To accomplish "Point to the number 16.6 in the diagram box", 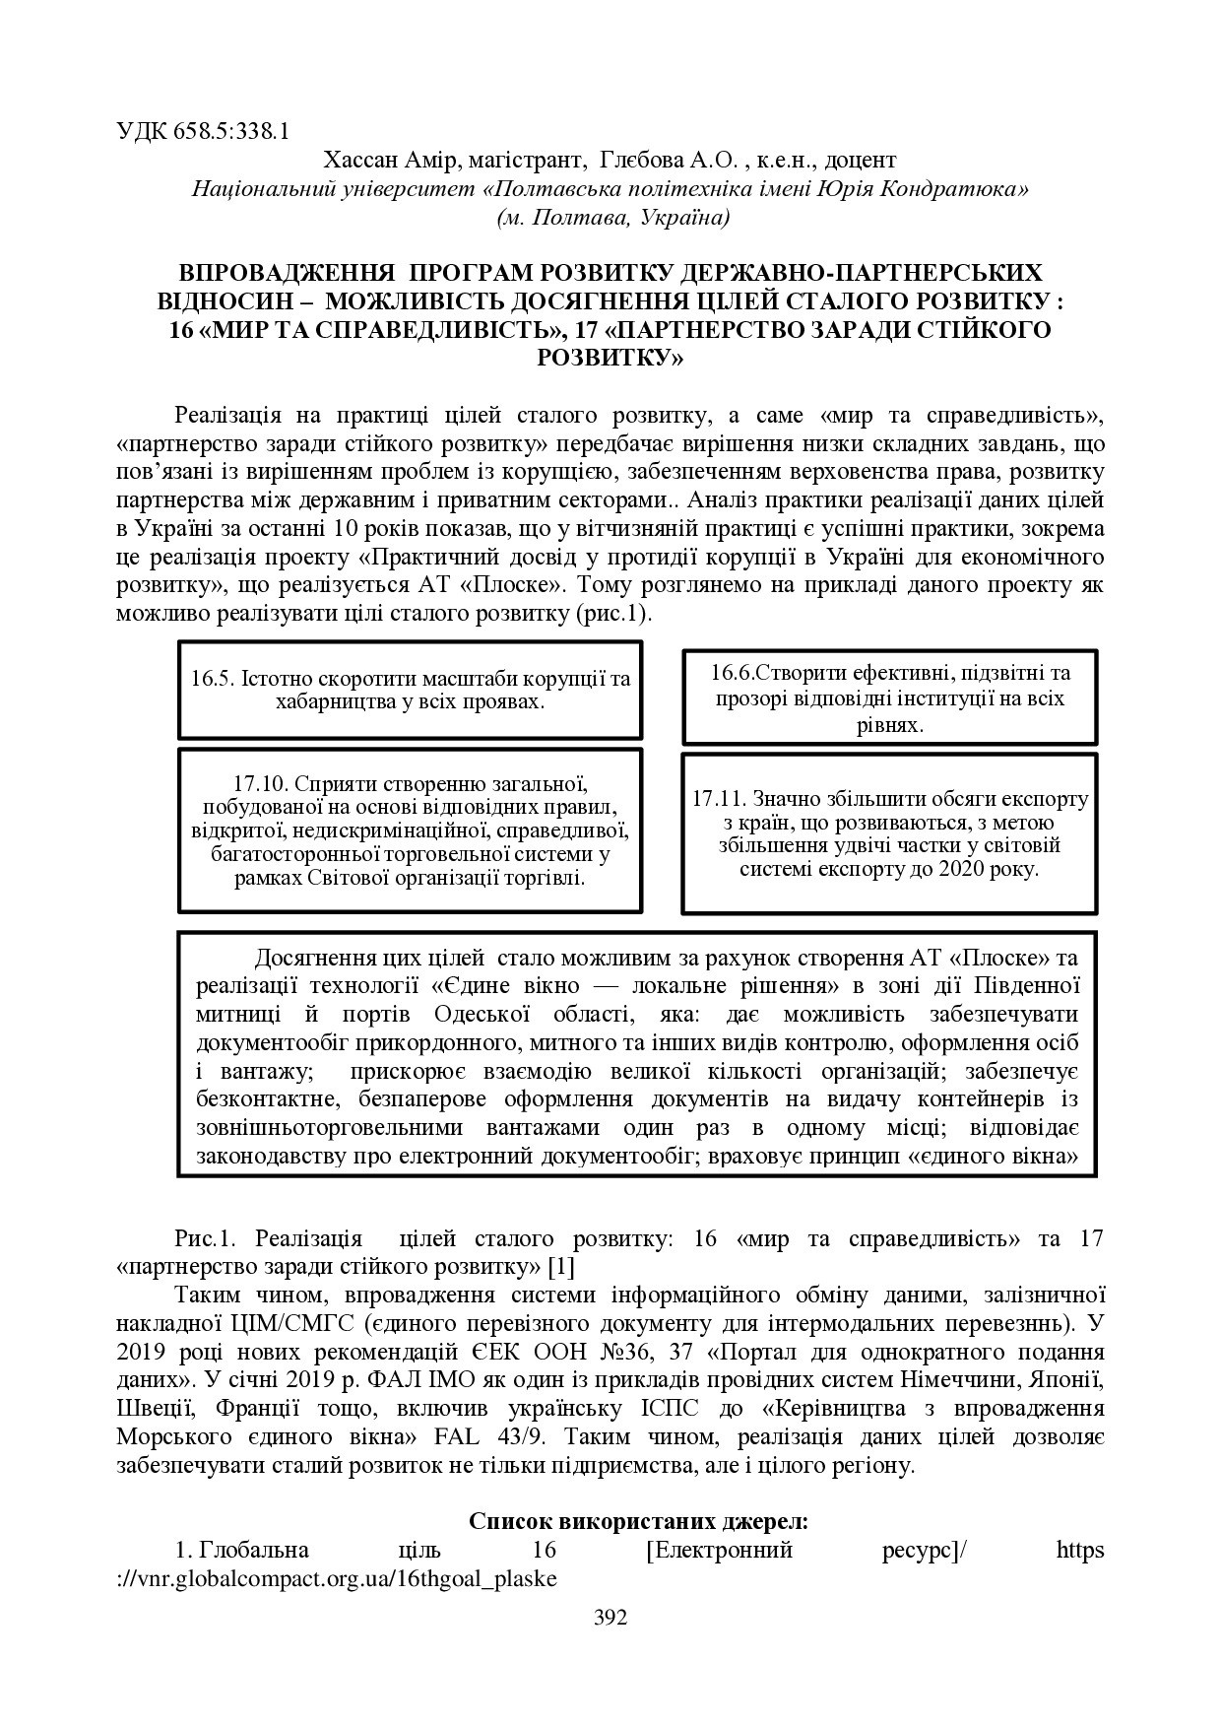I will [732, 673].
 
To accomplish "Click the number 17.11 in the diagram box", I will [718, 798].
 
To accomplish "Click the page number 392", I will [610, 1617].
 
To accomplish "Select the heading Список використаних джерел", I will [638, 1520].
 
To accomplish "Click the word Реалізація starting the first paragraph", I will [234, 414].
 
